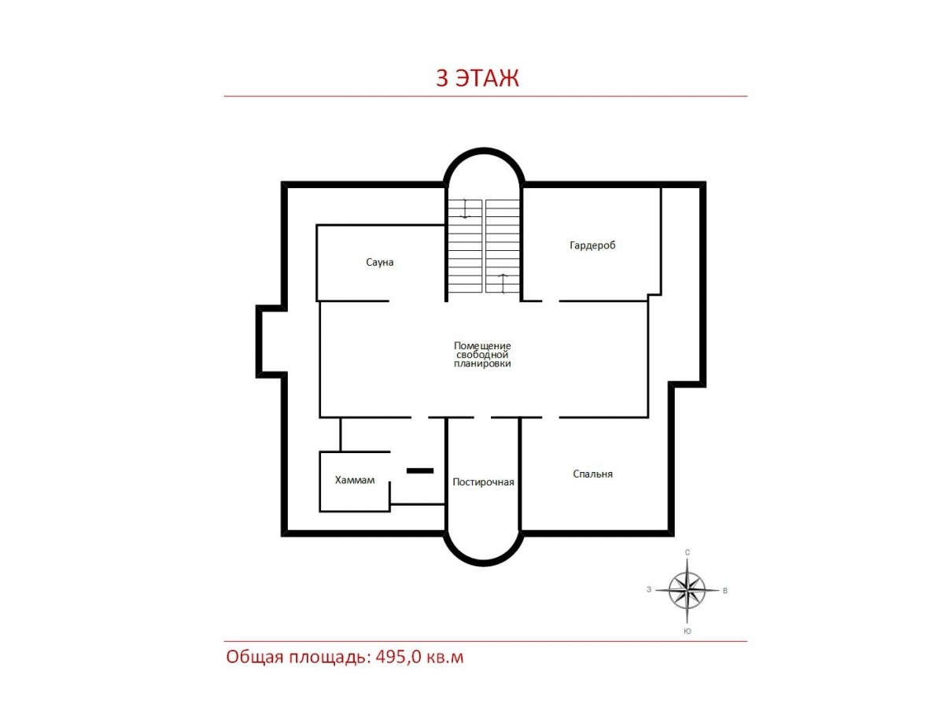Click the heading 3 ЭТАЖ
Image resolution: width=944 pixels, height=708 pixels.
(x=477, y=78)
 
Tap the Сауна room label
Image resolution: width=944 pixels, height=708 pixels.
(x=379, y=262)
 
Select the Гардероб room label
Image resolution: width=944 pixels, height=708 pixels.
(x=592, y=245)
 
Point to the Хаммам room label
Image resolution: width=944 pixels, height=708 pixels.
(x=354, y=480)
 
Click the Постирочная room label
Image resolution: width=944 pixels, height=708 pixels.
(x=483, y=482)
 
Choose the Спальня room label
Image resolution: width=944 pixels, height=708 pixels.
(x=592, y=474)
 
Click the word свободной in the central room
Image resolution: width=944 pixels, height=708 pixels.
(x=482, y=355)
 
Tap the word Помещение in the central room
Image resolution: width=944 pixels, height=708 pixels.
(x=482, y=345)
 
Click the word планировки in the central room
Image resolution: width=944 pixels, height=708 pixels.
(x=482, y=363)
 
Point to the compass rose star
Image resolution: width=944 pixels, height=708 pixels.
(x=687, y=590)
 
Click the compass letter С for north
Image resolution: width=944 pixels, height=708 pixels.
(x=688, y=552)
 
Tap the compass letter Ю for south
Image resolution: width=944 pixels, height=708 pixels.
(x=688, y=632)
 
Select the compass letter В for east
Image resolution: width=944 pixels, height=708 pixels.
(x=725, y=591)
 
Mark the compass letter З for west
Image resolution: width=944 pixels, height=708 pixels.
(x=649, y=590)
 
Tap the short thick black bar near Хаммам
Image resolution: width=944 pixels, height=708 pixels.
(x=420, y=470)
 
